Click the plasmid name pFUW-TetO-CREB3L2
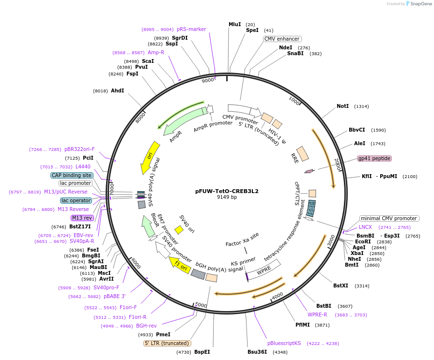227,191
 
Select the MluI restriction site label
235,24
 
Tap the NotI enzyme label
342,106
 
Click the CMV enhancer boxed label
282,39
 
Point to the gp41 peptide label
374,158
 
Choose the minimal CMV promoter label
389,218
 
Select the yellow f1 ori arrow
179,263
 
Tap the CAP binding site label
71,175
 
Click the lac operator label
76,200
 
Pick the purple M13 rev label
81,218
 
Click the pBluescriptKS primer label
284,343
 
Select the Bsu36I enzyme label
257,352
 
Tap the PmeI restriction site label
163,334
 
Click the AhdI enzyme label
117,90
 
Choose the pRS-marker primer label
191,29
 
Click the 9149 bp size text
227,197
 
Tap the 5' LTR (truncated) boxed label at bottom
168,343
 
